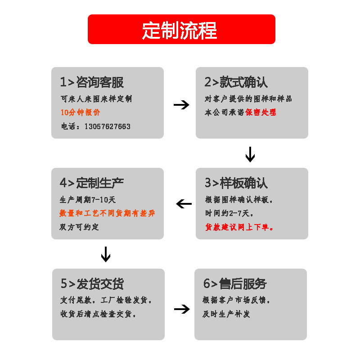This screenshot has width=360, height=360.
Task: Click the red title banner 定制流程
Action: (181, 29)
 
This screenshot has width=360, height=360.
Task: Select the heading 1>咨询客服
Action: (92, 82)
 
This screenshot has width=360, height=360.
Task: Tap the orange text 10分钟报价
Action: (81, 112)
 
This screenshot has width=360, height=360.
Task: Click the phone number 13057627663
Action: (107, 126)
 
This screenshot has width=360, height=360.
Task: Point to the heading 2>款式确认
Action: (236, 82)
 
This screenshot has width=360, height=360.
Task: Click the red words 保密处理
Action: (261, 112)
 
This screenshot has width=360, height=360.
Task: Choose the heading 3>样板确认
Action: (236, 183)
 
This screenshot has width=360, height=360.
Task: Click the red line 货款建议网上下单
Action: (239, 228)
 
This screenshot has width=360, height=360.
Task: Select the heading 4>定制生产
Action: (92, 183)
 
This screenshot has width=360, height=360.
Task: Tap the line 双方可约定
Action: (79, 227)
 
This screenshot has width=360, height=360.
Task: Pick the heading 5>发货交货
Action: (92, 284)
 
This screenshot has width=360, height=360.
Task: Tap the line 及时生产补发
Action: (226, 314)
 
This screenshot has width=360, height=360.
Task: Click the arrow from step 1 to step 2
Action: (181, 105)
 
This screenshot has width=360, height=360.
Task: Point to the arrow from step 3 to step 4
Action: (184, 204)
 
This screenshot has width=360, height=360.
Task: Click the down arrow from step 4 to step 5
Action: (106, 254)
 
